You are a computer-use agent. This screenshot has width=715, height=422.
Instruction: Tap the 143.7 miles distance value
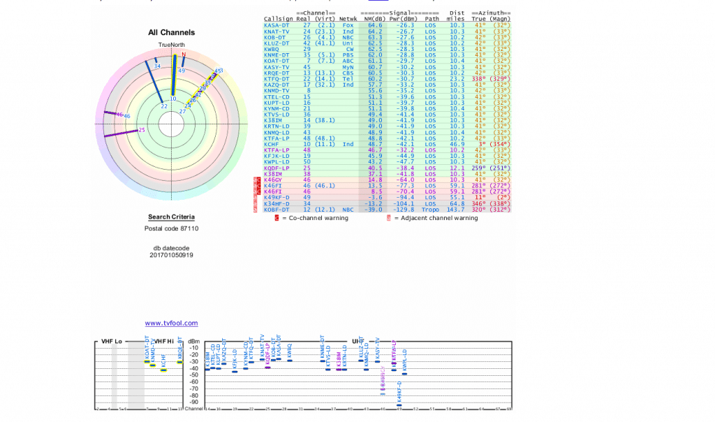(x=456, y=210)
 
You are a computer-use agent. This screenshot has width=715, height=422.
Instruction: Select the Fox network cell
(x=348, y=25)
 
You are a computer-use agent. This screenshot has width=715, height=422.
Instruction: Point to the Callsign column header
(x=279, y=19)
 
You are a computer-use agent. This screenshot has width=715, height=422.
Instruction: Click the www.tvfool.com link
(x=171, y=323)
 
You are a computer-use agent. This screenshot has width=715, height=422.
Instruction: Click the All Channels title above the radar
(x=171, y=32)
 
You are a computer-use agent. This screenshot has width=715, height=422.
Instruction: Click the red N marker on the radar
(x=184, y=54)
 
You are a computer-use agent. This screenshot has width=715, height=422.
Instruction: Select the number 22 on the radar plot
(x=163, y=106)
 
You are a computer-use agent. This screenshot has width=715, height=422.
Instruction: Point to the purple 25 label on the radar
(x=142, y=130)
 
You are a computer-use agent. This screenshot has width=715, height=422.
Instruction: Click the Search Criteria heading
(x=171, y=217)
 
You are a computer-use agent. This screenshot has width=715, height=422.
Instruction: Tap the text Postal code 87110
(x=171, y=228)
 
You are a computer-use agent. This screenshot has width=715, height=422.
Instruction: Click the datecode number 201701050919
(x=171, y=255)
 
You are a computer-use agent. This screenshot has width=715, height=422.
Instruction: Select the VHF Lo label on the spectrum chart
(x=112, y=341)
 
